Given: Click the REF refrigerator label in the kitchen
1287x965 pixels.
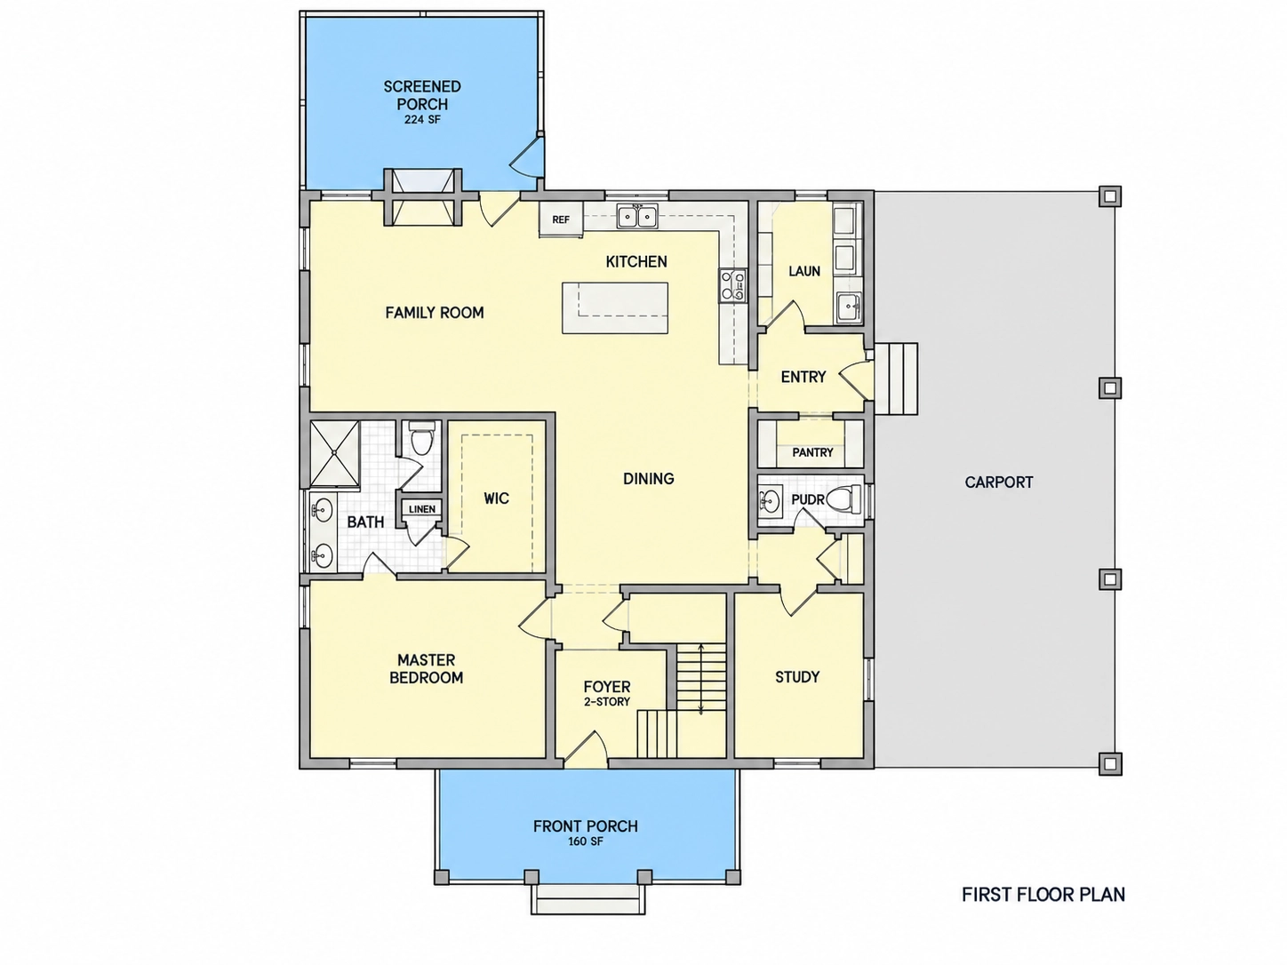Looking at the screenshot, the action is (x=561, y=219).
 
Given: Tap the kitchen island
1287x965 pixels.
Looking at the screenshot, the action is (x=615, y=308).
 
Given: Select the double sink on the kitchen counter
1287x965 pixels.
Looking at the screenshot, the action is (x=636, y=216).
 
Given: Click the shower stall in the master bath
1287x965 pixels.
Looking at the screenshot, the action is (x=334, y=453).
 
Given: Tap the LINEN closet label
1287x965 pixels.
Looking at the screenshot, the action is (x=422, y=509).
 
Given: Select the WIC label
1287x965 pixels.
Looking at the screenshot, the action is (x=496, y=498).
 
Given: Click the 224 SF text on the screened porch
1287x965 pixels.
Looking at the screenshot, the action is (x=422, y=120).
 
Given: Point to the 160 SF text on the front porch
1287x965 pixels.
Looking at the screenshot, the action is (x=585, y=842).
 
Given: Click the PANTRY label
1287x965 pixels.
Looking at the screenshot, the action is (x=812, y=452).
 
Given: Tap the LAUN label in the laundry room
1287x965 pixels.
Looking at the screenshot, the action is (x=803, y=271).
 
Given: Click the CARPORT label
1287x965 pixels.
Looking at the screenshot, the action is (x=998, y=482).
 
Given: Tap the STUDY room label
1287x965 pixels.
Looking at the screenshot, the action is (x=797, y=677).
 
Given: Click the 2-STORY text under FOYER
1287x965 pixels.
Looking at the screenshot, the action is (x=607, y=702).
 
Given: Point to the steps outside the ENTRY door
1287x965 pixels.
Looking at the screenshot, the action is (x=895, y=379).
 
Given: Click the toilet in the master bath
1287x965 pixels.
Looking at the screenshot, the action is (x=420, y=438).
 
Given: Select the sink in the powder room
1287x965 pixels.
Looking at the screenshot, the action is (x=770, y=499).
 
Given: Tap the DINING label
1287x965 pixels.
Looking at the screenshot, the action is (x=649, y=479).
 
